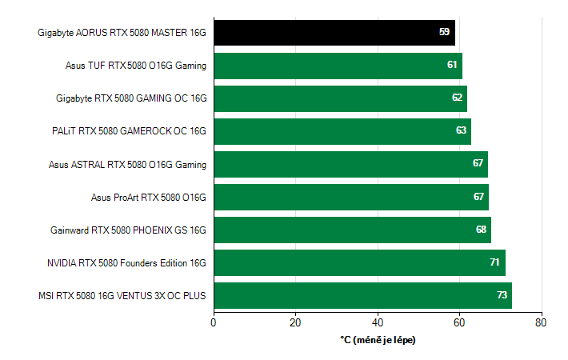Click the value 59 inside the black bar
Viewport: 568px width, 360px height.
(445, 32)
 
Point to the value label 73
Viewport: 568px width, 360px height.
(502, 295)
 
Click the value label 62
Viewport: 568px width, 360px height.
(457, 98)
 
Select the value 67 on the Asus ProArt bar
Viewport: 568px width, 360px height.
(478, 197)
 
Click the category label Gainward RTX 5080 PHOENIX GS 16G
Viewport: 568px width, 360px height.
(128, 230)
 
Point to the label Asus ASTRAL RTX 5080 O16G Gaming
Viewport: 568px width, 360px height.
(127, 164)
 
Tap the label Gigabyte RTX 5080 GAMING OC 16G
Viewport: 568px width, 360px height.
(131, 98)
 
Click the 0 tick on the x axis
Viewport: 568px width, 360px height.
(214, 322)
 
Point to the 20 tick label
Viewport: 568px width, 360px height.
(295, 322)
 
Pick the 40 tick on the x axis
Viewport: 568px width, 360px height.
(378, 322)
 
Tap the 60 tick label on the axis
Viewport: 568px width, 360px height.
(460, 322)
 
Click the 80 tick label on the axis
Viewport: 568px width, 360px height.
(542, 322)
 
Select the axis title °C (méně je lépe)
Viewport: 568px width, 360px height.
(378, 340)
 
